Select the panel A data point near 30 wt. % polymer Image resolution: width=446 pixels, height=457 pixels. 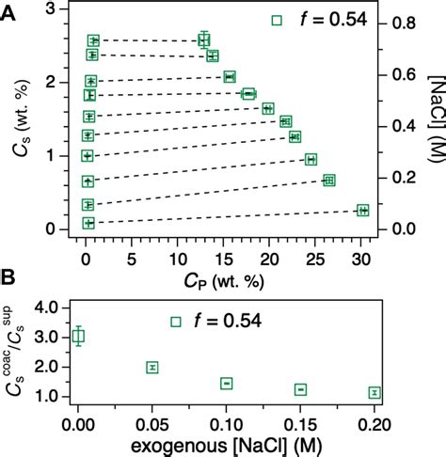pyautogui.click(x=362, y=211)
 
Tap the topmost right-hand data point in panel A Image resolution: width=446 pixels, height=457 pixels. pyautogui.click(x=204, y=39)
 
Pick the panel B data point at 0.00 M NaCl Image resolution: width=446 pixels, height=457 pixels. pyautogui.click(x=79, y=336)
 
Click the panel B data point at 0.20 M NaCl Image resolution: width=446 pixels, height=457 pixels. pyautogui.click(x=374, y=392)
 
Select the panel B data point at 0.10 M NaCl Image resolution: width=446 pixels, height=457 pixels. pyautogui.click(x=227, y=383)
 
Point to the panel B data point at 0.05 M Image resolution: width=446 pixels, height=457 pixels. pyautogui.click(x=152, y=367)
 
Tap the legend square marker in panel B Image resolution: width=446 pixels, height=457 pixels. pyautogui.click(x=175, y=322)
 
